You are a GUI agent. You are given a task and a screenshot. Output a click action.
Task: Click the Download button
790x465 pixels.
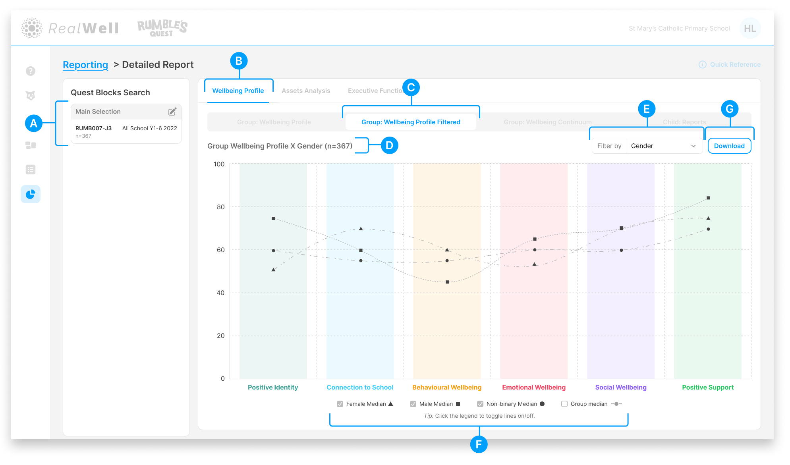(729, 146)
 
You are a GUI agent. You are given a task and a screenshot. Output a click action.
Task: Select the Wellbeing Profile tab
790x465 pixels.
(238, 91)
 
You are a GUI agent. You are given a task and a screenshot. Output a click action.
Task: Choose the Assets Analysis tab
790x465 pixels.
(306, 91)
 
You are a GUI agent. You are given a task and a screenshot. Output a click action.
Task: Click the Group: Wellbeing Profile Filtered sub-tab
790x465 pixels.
(411, 122)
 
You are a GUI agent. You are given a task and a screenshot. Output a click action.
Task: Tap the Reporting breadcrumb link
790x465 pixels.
(85, 65)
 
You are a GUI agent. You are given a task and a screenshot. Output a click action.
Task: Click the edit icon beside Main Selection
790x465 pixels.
(172, 112)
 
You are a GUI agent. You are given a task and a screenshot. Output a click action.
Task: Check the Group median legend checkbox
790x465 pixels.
(564, 404)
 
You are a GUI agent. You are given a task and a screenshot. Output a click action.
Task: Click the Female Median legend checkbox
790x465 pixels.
(340, 404)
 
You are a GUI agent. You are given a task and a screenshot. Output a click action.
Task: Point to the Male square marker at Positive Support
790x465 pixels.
(708, 198)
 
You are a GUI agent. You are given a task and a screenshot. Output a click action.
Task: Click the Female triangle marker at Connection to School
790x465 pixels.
(361, 229)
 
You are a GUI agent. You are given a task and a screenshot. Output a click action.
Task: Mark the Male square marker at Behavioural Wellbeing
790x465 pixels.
(447, 282)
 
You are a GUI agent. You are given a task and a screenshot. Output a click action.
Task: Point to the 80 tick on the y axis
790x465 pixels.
(220, 207)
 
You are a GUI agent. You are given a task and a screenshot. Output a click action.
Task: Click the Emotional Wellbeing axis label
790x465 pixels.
(534, 387)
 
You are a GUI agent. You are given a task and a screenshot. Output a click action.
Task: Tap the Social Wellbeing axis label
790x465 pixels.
(621, 387)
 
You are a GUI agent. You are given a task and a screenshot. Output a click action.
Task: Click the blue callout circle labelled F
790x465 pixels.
(479, 444)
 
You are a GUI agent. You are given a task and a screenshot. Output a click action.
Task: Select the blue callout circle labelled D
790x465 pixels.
(389, 145)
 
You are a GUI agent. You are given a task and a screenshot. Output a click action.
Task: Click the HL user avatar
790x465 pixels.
(750, 28)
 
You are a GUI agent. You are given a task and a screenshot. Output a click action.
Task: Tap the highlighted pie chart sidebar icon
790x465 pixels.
(31, 194)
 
